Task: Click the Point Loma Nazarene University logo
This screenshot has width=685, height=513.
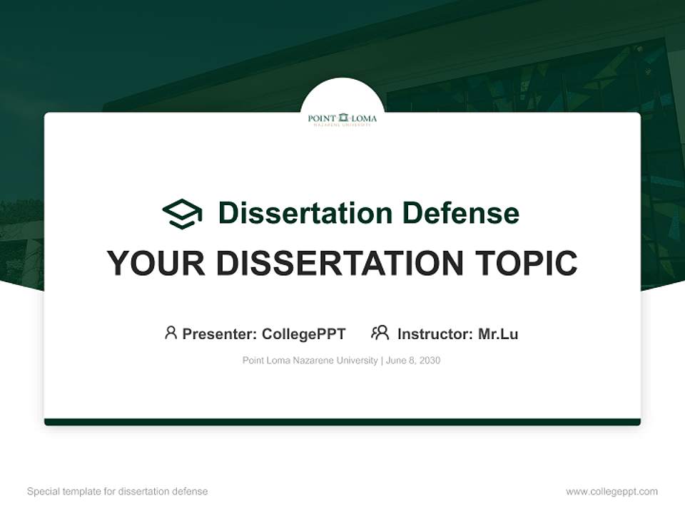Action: (x=342, y=119)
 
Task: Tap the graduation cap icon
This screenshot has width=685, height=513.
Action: (x=182, y=214)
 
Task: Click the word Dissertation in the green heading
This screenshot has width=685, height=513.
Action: (x=305, y=213)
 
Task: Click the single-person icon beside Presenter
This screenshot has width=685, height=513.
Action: (x=171, y=333)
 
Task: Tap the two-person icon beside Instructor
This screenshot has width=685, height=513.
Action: (x=380, y=333)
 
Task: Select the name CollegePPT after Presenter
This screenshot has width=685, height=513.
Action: (x=303, y=334)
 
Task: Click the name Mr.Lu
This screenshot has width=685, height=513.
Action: (x=498, y=334)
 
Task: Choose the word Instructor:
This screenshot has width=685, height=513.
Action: (x=435, y=334)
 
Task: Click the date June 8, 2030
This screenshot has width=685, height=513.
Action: (x=413, y=361)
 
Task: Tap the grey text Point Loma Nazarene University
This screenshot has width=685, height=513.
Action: (x=310, y=361)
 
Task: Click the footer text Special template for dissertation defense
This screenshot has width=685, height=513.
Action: (x=117, y=492)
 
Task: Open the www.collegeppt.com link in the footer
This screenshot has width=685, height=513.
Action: (x=612, y=492)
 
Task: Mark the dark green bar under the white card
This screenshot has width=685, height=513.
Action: (x=342, y=423)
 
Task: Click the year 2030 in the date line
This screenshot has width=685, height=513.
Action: (x=430, y=361)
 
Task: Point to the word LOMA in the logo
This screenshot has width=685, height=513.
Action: (x=364, y=118)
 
